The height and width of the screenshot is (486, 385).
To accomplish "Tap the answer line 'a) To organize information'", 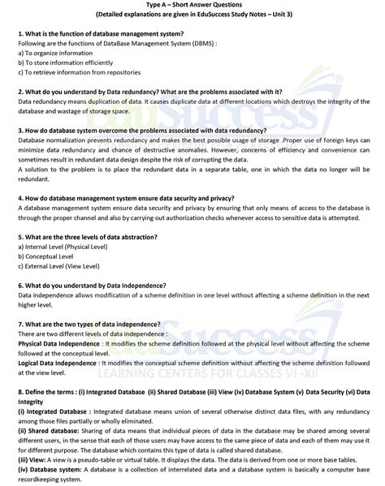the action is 52,53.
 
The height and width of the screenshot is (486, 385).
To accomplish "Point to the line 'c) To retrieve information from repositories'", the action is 79,72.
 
